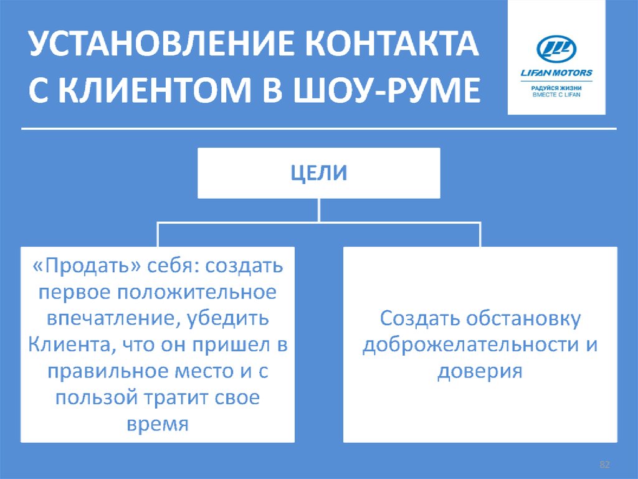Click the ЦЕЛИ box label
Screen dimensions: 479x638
pos(319,172)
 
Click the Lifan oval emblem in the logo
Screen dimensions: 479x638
pos(556,49)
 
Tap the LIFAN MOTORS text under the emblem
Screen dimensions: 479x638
pos(556,73)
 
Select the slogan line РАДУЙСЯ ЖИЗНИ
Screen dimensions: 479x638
pos(556,89)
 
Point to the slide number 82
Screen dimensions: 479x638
pos(604,465)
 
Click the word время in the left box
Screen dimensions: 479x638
pos(157,424)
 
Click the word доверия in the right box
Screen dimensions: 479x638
pos(479,372)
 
